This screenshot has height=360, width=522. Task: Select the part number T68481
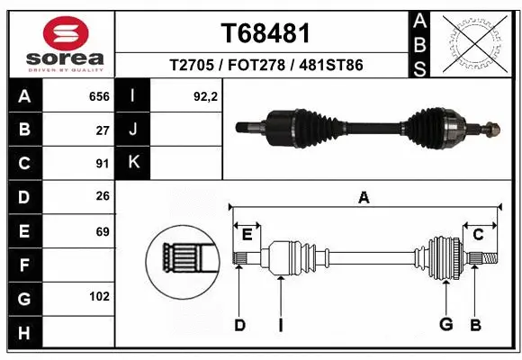[265, 33]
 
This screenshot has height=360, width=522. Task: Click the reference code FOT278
[265, 66]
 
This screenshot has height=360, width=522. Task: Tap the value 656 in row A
[98, 96]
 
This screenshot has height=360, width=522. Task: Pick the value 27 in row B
[102, 130]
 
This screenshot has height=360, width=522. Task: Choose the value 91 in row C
[102, 163]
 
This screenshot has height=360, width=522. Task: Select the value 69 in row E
[102, 231]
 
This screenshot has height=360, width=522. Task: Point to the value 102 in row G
[99, 296]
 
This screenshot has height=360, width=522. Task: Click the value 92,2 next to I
[206, 96]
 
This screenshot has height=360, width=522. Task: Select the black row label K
[134, 163]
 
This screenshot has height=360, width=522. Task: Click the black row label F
[23, 265]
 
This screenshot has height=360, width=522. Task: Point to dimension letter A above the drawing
[364, 197]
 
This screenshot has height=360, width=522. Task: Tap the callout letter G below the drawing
[445, 325]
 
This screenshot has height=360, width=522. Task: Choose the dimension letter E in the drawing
[247, 235]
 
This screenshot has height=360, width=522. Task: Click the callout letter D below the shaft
[239, 325]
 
